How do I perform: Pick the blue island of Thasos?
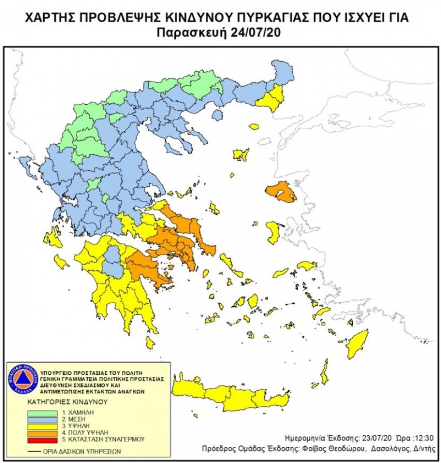coord(217,115)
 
